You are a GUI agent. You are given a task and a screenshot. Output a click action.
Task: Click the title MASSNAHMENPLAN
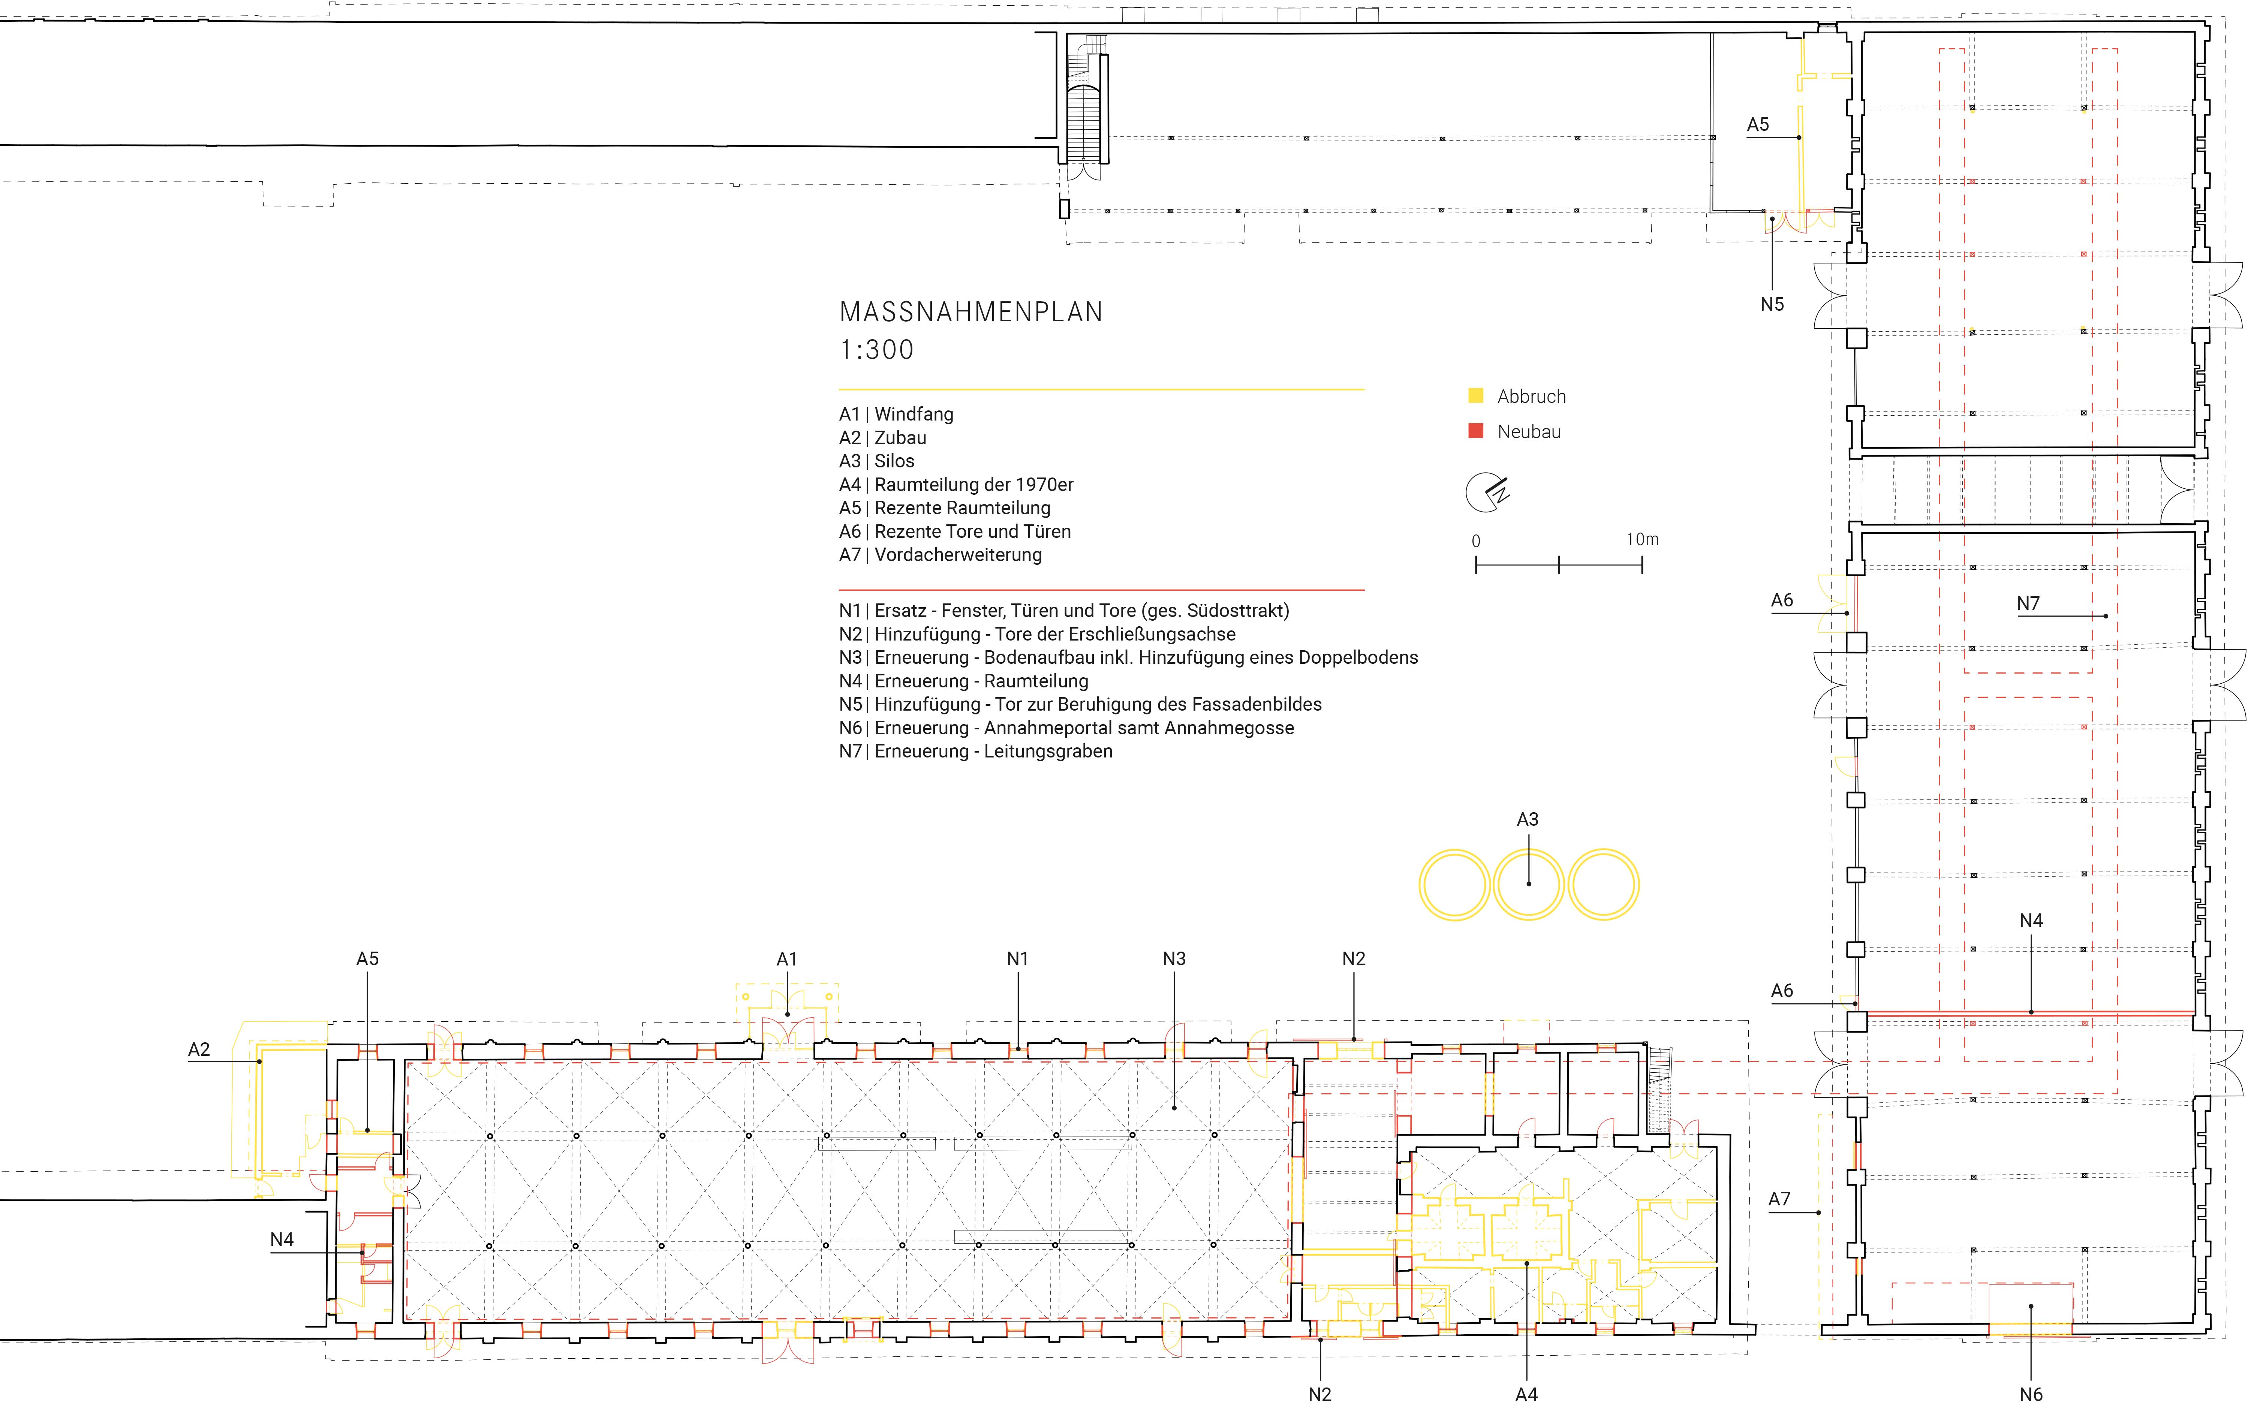pyautogui.click(x=970, y=313)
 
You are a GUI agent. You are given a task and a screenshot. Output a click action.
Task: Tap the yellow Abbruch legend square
pyautogui.click(x=1475, y=395)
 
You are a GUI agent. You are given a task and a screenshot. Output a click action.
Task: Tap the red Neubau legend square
pyautogui.click(x=1475, y=431)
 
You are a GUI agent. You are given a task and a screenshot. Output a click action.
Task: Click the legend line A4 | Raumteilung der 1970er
pyautogui.click(x=956, y=485)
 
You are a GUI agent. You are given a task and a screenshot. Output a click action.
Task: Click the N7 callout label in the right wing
pyautogui.click(x=2028, y=603)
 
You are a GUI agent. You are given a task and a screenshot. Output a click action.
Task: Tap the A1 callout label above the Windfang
pyautogui.click(x=787, y=959)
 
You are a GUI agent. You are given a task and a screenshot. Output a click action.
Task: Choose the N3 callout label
pyautogui.click(x=1174, y=959)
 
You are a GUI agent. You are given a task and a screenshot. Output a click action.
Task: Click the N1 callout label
pyautogui.click(x=1017, y=959)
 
